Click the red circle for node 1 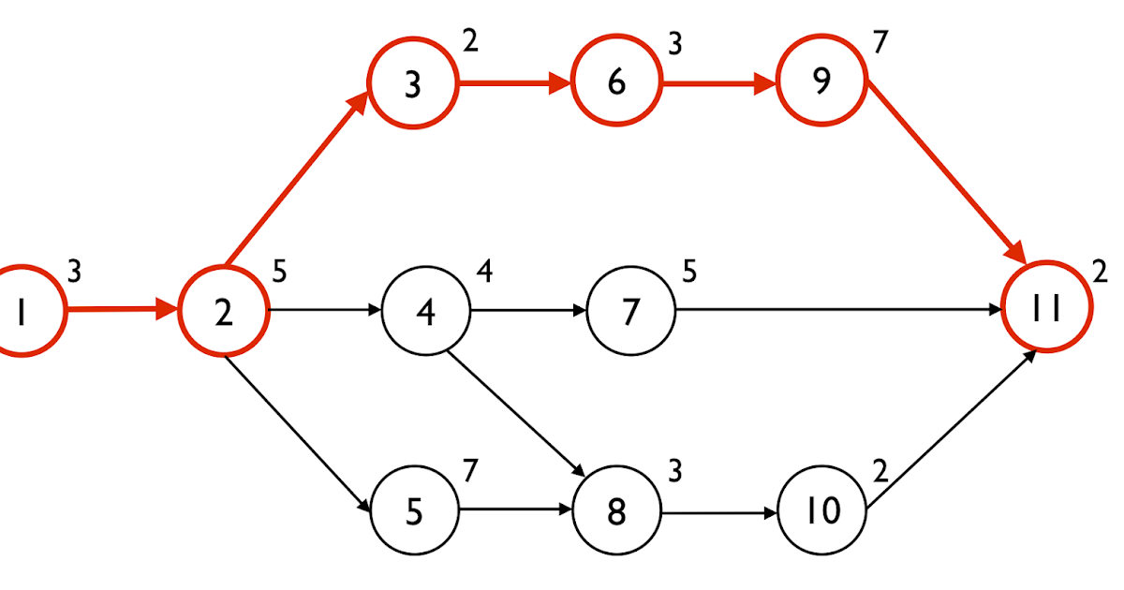21,312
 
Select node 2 223,312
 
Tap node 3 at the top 412,84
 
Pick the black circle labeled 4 425,312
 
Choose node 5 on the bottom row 415,512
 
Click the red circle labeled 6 615,82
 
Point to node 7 630,312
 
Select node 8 615,512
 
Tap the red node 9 821,82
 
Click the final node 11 1046,307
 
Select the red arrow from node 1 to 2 122,309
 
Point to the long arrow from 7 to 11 834,309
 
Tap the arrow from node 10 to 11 951,431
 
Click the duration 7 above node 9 879,43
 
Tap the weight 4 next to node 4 483,272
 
